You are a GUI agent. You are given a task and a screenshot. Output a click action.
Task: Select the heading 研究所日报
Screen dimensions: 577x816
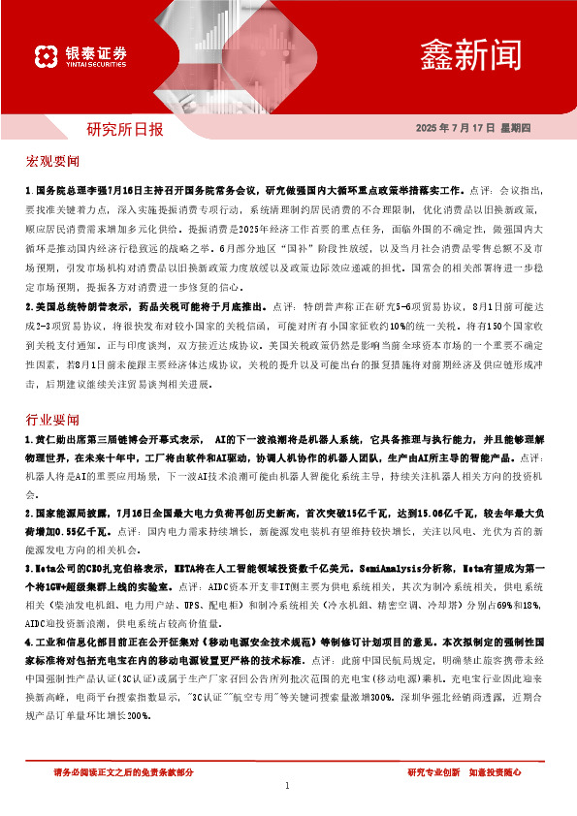(125, 128)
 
